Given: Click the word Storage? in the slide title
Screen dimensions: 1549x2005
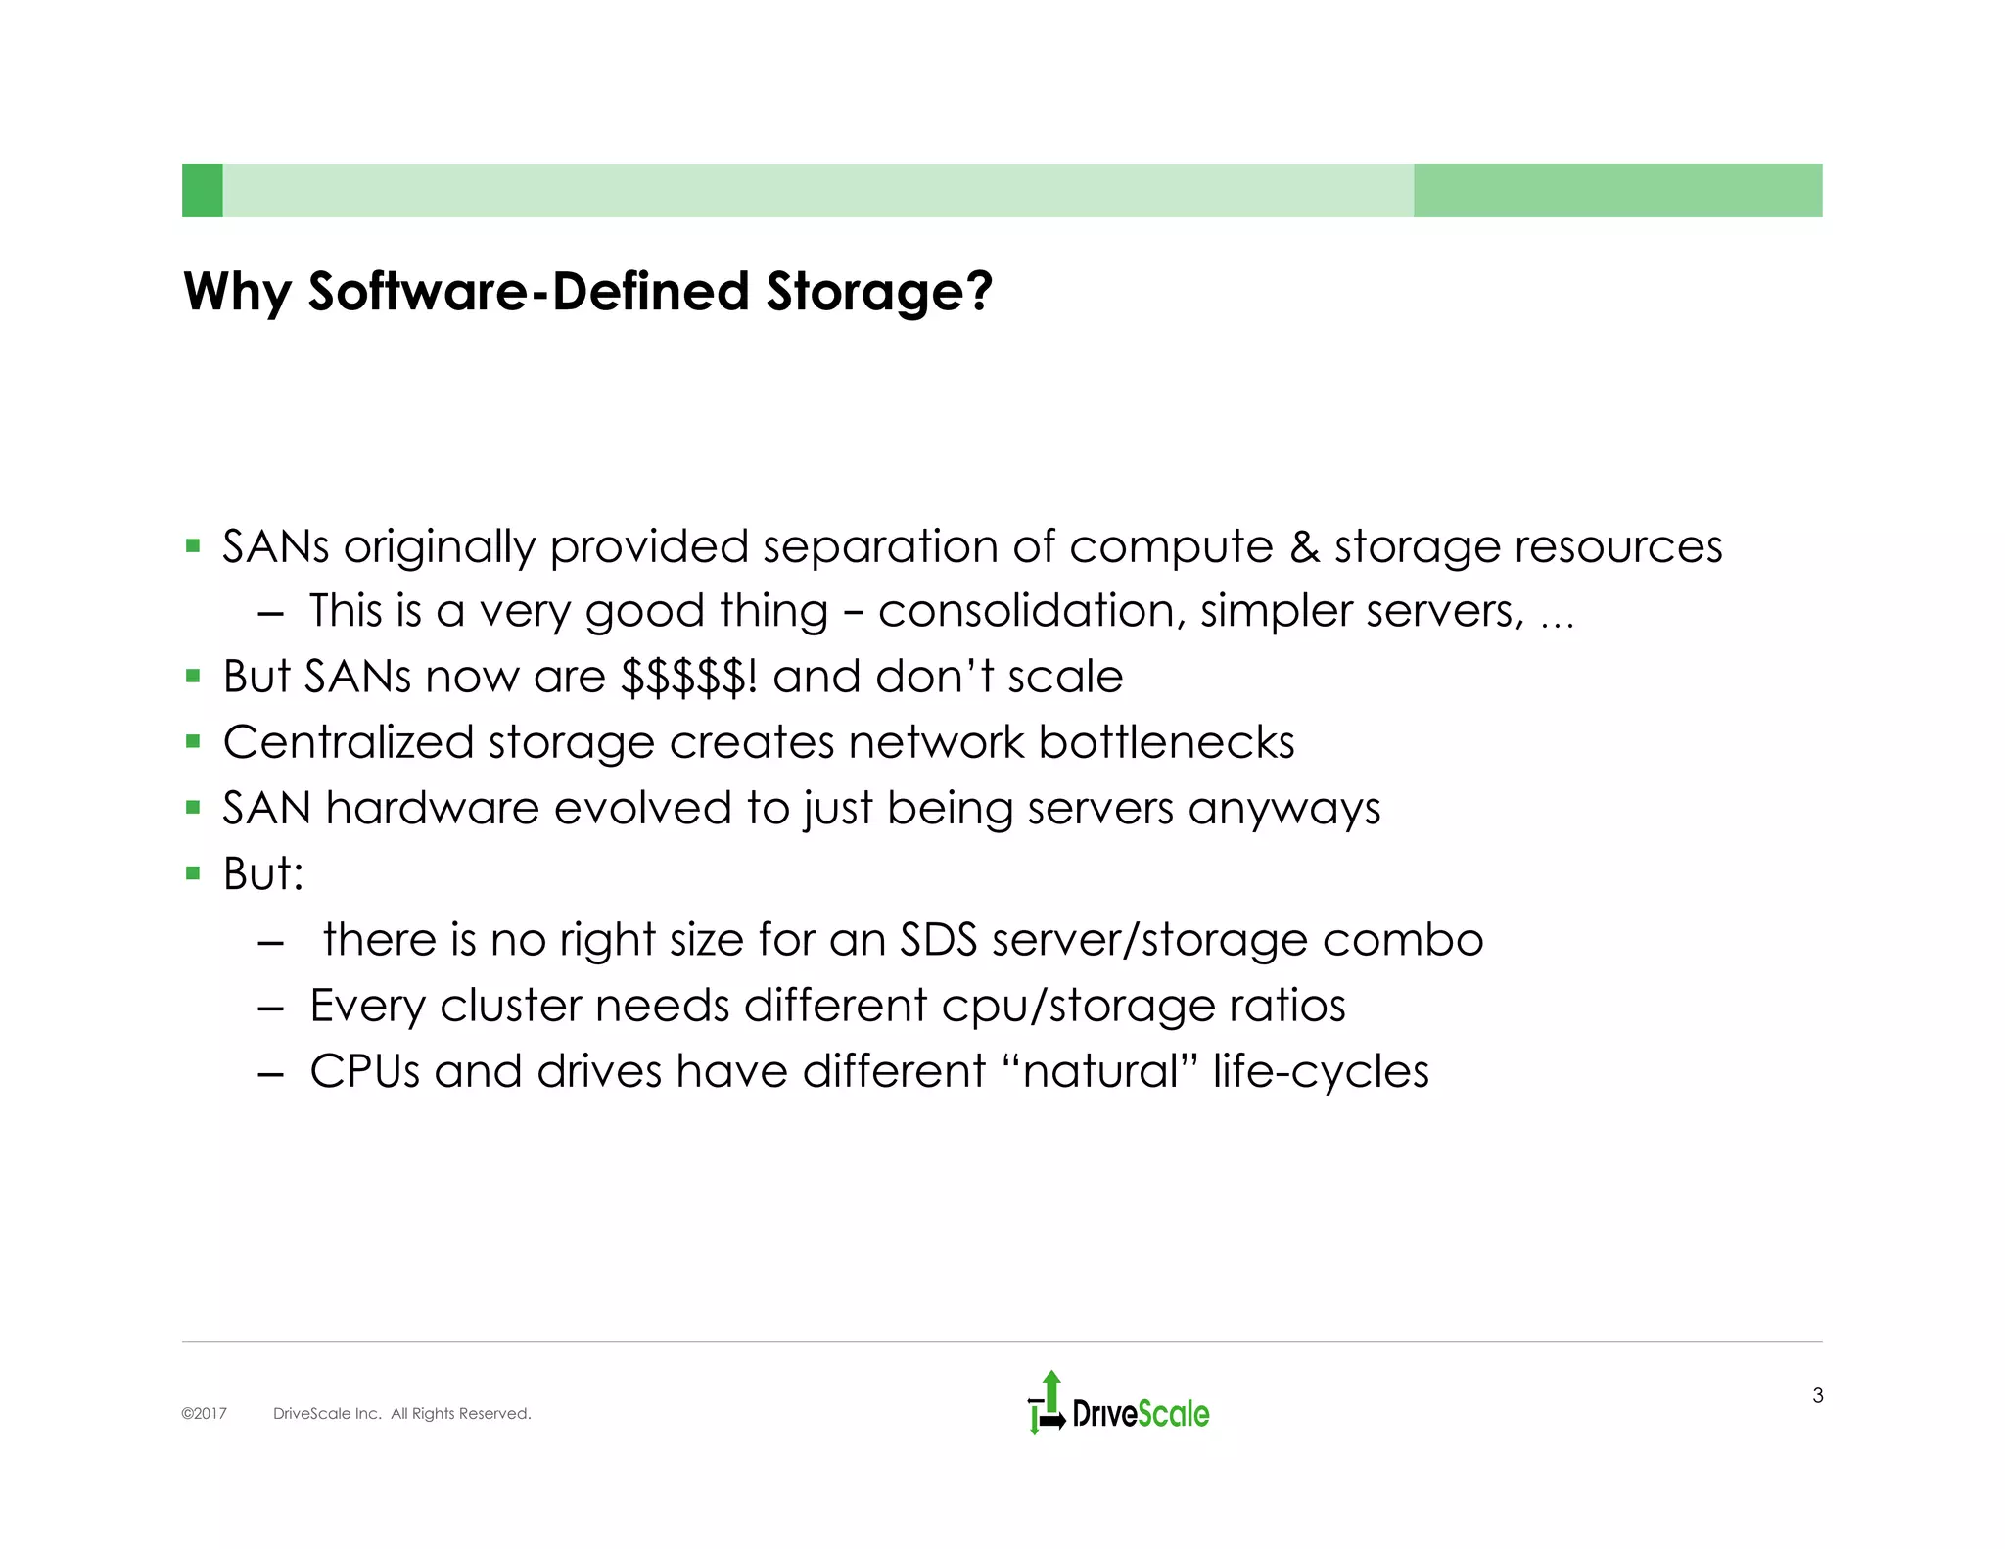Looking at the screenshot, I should tap(879, 292).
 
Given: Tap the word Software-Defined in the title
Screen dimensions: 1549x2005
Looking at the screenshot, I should tap(529, 292).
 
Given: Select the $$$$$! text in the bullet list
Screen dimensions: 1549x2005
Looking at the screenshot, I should tap(689, 677).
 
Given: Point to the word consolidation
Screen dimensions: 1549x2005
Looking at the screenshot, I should tap(1025, 611).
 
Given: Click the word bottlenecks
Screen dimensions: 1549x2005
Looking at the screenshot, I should tap(1166, 742).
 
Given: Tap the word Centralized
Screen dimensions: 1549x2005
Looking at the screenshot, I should tap(348, 742).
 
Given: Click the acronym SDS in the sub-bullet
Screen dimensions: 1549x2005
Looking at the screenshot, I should tap(938, 940).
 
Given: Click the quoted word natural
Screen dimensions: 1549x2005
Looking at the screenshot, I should tap(1100, 1071).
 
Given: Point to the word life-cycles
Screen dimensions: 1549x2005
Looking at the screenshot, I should tap(1321, 1071).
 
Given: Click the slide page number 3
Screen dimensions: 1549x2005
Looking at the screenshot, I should tap(1817, 1395).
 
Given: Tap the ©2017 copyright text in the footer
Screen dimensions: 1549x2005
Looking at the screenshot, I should tap(204, 1413).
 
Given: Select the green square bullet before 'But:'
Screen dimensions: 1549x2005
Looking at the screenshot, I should tap(193, 873).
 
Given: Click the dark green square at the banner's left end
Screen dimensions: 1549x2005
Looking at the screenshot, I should tap(203, 190).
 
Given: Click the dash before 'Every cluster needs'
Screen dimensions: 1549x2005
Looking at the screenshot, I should tap(270, 1007).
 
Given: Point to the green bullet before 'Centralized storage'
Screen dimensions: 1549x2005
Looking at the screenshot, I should tap(193, 742).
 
